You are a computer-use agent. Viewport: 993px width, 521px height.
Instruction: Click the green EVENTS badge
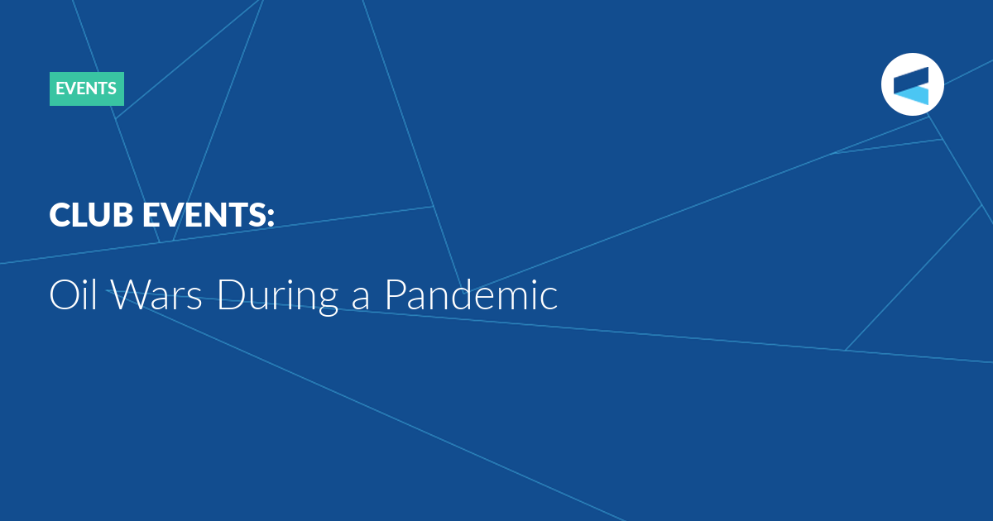[86, 88]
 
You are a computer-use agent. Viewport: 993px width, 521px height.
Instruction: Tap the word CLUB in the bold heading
[91, 215]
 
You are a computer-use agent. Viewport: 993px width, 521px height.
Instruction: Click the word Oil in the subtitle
[73, 294]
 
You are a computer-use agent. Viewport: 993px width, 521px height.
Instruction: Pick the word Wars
[156, 294]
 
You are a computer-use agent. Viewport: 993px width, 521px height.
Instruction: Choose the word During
[278, 296]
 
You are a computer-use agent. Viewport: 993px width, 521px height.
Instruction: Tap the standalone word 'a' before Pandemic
[360, 299]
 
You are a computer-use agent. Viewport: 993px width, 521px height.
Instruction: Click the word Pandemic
[471, 294]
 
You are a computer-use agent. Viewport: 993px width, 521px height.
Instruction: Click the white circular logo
[912, 84]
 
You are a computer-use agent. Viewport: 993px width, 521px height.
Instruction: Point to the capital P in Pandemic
[396, 295]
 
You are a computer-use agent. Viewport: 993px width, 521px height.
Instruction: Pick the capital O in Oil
[64, 295]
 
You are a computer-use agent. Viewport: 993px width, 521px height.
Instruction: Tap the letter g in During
[328, 302]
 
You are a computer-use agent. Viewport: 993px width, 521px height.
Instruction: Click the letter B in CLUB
[122, 215]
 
